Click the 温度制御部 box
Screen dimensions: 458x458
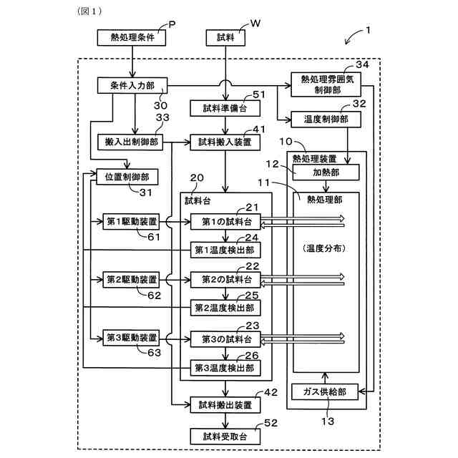tap(320, 119)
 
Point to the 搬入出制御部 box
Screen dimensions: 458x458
tap(129, 142)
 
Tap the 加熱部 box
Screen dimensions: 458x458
tap(326, 172)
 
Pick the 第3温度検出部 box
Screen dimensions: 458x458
tap(225, 369)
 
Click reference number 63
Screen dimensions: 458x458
tap(154, 353)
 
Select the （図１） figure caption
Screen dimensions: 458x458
tap(89, 11)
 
